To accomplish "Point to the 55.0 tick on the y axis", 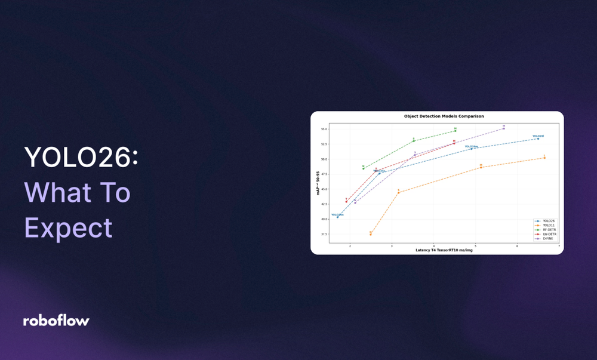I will click(324, 129).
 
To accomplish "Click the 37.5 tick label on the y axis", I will click(324, 234).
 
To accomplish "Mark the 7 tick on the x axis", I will click(559, 246).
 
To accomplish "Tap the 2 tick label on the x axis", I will click(350, 246).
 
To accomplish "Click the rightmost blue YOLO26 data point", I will click(538, 139).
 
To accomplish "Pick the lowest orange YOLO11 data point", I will click(371, 235).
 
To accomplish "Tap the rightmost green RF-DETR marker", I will click(455, 131).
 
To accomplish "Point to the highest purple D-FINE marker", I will click(504, 128).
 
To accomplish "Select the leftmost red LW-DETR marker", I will click(346, 201).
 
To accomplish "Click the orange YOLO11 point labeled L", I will click(544, 158).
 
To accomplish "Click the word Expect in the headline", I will click(68, 227).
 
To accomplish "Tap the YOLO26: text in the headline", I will click(81, 158).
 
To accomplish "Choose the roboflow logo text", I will click(56, 321).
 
